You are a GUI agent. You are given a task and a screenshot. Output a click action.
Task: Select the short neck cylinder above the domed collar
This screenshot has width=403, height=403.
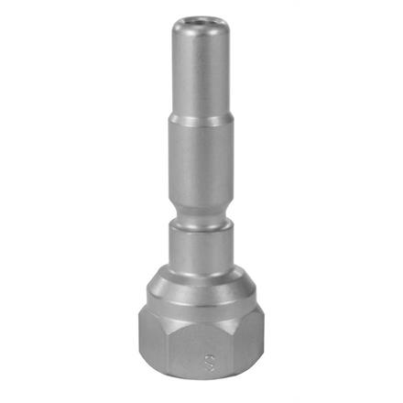[201, 245]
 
